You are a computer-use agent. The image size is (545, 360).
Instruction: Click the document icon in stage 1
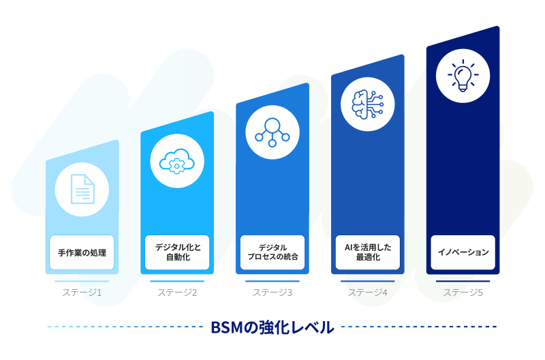(x=82, y=189)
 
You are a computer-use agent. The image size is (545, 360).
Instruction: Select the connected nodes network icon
(x=272, y=132)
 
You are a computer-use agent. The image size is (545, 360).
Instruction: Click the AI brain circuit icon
(x=368, y=104)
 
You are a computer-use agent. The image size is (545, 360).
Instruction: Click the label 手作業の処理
(x=82, y=252)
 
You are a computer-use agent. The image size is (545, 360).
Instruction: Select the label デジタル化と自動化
(x=177, y=252)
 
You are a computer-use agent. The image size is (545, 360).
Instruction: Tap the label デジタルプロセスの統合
(x=272, y=252)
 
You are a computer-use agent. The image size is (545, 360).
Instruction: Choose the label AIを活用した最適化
(x=368, y=252)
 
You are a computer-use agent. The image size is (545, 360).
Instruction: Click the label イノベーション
(x=463, y=252)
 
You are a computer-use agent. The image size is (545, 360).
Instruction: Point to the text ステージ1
(x=82, y=292)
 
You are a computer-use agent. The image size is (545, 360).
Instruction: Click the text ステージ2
(x=177, y=292)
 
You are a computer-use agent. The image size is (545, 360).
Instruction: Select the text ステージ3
(x=272, y=292)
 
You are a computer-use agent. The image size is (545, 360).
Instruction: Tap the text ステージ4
(x=368, y=292)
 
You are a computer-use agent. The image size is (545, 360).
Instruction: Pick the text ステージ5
(x=463, y=292)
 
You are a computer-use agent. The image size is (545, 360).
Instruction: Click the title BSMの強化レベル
(x=272, y=327)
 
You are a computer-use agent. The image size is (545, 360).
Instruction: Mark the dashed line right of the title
(x=418, y=327)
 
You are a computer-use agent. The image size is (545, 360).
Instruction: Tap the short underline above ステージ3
(x=272, y=281)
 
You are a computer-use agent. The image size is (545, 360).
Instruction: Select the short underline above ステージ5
(x=463, y=281)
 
